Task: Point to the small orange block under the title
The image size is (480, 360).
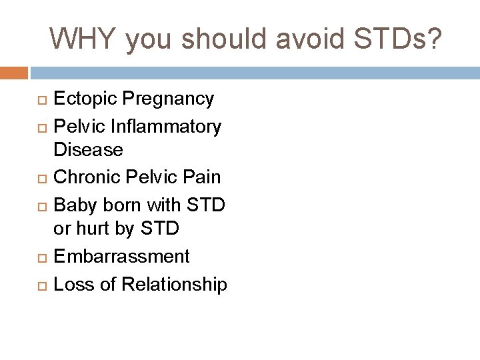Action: [14, 71]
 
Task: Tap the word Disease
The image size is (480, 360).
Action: [88, 151]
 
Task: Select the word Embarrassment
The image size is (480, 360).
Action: [121, 255]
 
